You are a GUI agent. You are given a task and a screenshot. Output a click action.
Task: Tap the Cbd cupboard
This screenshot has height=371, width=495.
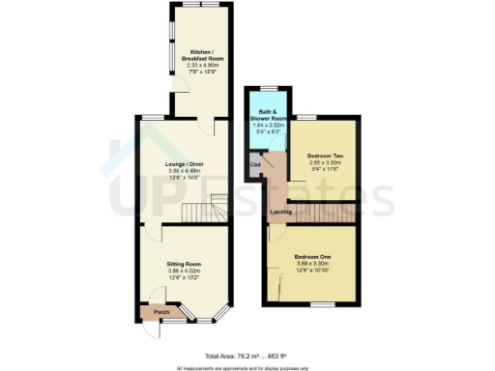(256, 165)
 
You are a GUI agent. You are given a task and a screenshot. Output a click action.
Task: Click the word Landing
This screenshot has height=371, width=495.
(281, 212)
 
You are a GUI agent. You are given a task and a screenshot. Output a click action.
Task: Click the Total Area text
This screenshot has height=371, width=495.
(248, 357)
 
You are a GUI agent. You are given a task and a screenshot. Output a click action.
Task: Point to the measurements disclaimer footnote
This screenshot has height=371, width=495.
(247, 367)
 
